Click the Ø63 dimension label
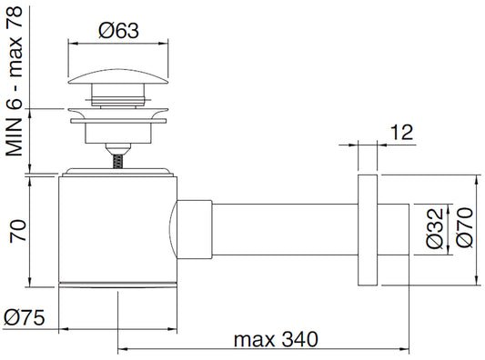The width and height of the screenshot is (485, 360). click(119, 30)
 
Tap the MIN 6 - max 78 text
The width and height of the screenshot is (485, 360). click(15, 82)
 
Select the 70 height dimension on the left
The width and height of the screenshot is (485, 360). click(17, 231)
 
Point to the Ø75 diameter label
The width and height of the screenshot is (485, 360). click(25, 317)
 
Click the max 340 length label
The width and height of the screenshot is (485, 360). click(276, 339)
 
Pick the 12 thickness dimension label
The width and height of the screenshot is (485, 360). click(402, 132)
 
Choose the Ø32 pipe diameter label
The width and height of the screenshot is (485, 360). click(435, 229)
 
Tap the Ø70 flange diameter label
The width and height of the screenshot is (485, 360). click(465, 228)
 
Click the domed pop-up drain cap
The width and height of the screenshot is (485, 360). click(118, 76)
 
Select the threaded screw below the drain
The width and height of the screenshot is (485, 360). click(117, 161)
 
